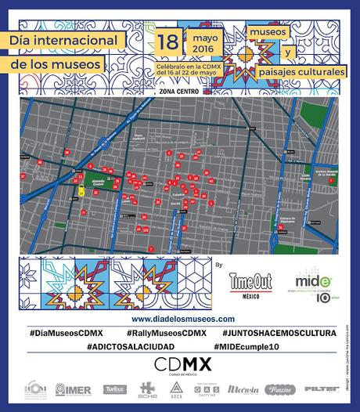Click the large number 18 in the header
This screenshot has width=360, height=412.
tap(167, 41)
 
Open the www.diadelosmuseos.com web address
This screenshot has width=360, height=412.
tap(183, 319)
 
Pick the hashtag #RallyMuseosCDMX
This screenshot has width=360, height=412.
tap(160, 333)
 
